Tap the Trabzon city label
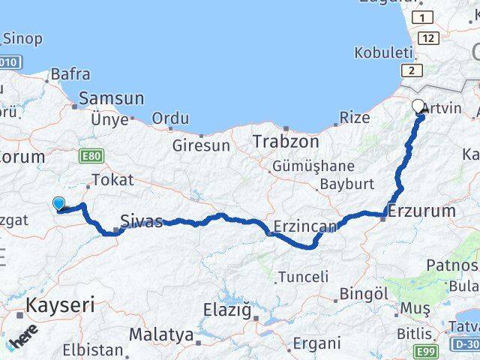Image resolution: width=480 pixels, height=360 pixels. click(285, 141)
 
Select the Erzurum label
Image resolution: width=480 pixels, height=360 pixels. click(424, 211)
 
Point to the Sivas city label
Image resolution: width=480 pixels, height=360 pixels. click(142, 222)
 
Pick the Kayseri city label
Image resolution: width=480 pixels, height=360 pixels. click(61, 305)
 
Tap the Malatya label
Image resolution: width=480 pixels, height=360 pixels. click(160, 334)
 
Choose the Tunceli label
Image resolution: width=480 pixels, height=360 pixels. click(303, 277)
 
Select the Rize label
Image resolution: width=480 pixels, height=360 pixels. click(355, 118)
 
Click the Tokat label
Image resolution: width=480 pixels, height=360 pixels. click(112, 180)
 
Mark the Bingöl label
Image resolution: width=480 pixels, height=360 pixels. click(361, 293)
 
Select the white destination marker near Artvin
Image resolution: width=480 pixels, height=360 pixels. click(418, 106)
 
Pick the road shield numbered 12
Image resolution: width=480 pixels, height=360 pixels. click(430, 37)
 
